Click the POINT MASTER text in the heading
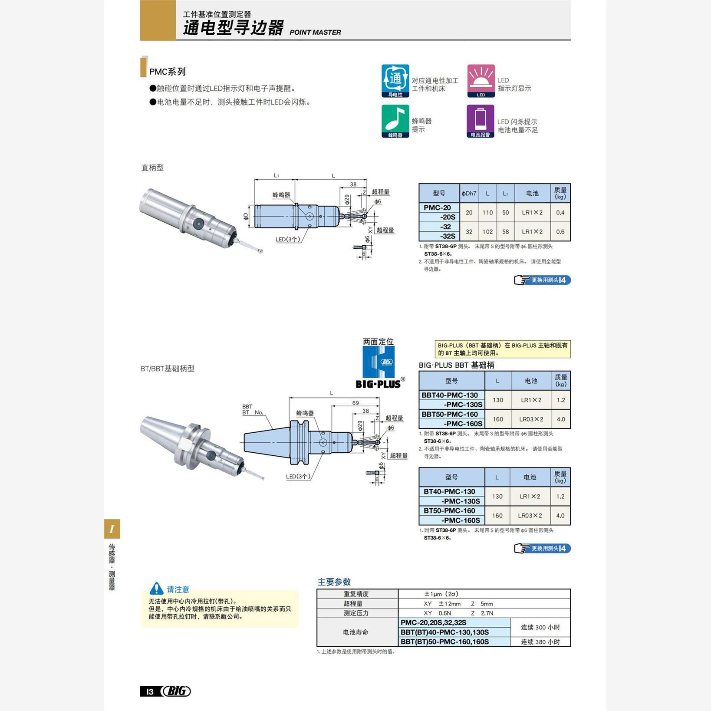pos(315,32)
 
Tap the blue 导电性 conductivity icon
pos(395,81)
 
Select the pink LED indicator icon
pos(481,81)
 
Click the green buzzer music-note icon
pos(395,121)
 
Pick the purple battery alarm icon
pos(480,121)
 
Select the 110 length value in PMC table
pos(487,213)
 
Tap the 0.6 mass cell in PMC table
pos(560,232)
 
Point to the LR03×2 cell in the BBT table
pos(531,419)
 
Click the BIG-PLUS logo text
pos(378,384)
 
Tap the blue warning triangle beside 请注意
pos(156,589)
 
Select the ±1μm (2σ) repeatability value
pos(441,594)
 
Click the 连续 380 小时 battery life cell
pos(540,642)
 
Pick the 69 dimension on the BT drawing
pos(355,403)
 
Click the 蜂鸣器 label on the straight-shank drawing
pos(281,195)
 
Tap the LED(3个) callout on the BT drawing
pos(298,476)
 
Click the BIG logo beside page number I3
pos(176,691)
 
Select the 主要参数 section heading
pos(334,582)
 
